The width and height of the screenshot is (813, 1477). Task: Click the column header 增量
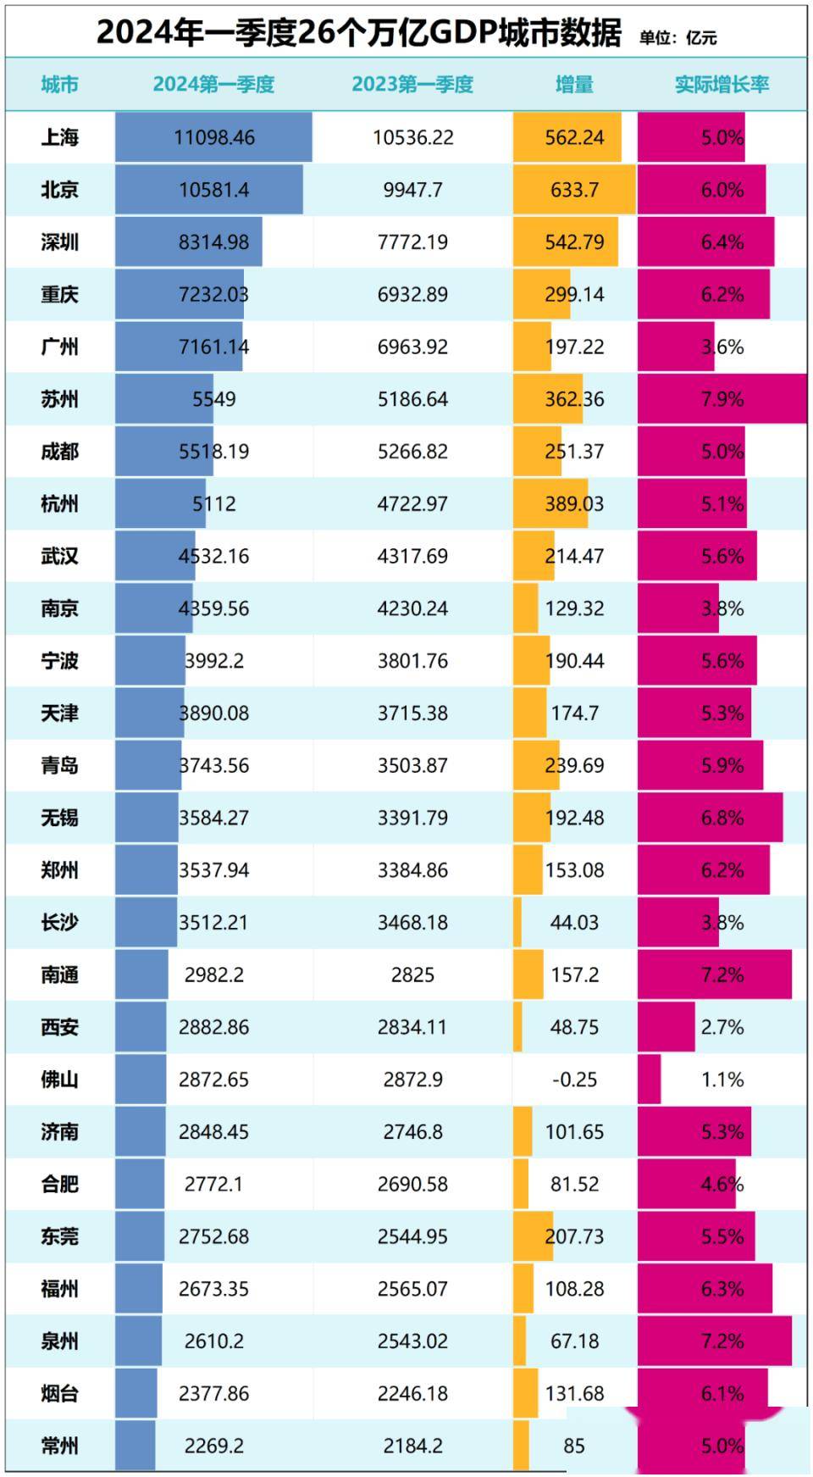574,85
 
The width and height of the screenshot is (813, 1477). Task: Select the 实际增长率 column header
722,85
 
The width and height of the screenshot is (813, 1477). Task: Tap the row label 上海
59,137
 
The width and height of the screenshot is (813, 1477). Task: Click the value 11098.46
214,137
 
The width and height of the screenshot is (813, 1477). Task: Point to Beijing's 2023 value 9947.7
412,190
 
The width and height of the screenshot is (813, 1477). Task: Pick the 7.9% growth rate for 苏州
722,399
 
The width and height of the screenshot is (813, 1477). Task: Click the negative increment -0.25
574,1080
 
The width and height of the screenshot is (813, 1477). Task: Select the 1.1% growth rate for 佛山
722,1080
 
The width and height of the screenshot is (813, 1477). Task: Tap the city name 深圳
59,242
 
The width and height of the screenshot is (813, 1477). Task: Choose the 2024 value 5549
214,399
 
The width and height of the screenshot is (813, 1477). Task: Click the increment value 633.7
574,190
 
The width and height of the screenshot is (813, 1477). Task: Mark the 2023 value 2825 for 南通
412,974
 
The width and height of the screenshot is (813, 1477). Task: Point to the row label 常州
59,1446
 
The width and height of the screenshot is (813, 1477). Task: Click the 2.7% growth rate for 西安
722,1027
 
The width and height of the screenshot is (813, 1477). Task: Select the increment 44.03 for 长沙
574,922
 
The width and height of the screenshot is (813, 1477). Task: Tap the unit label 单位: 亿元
677,38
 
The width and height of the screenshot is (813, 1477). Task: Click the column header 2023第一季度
412,85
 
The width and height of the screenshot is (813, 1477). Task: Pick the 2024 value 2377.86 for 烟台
214,1393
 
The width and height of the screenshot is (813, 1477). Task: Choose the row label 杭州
59,504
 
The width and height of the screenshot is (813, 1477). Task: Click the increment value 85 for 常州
574,1446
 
